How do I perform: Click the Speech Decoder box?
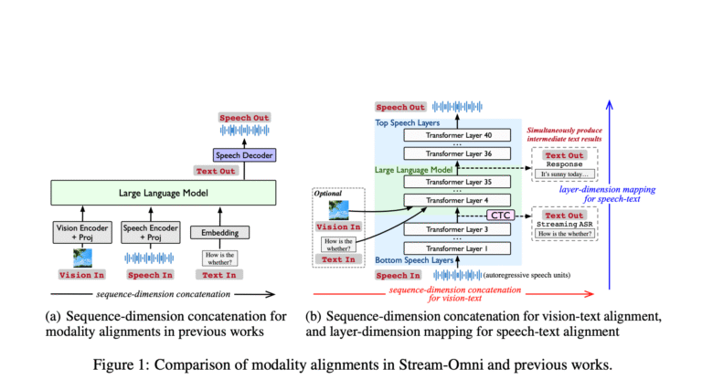(x=239, y=156)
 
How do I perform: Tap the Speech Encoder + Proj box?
(x=149, y=233)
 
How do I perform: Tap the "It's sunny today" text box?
(x=564, y=174)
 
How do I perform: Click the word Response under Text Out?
(x=564, y=164)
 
